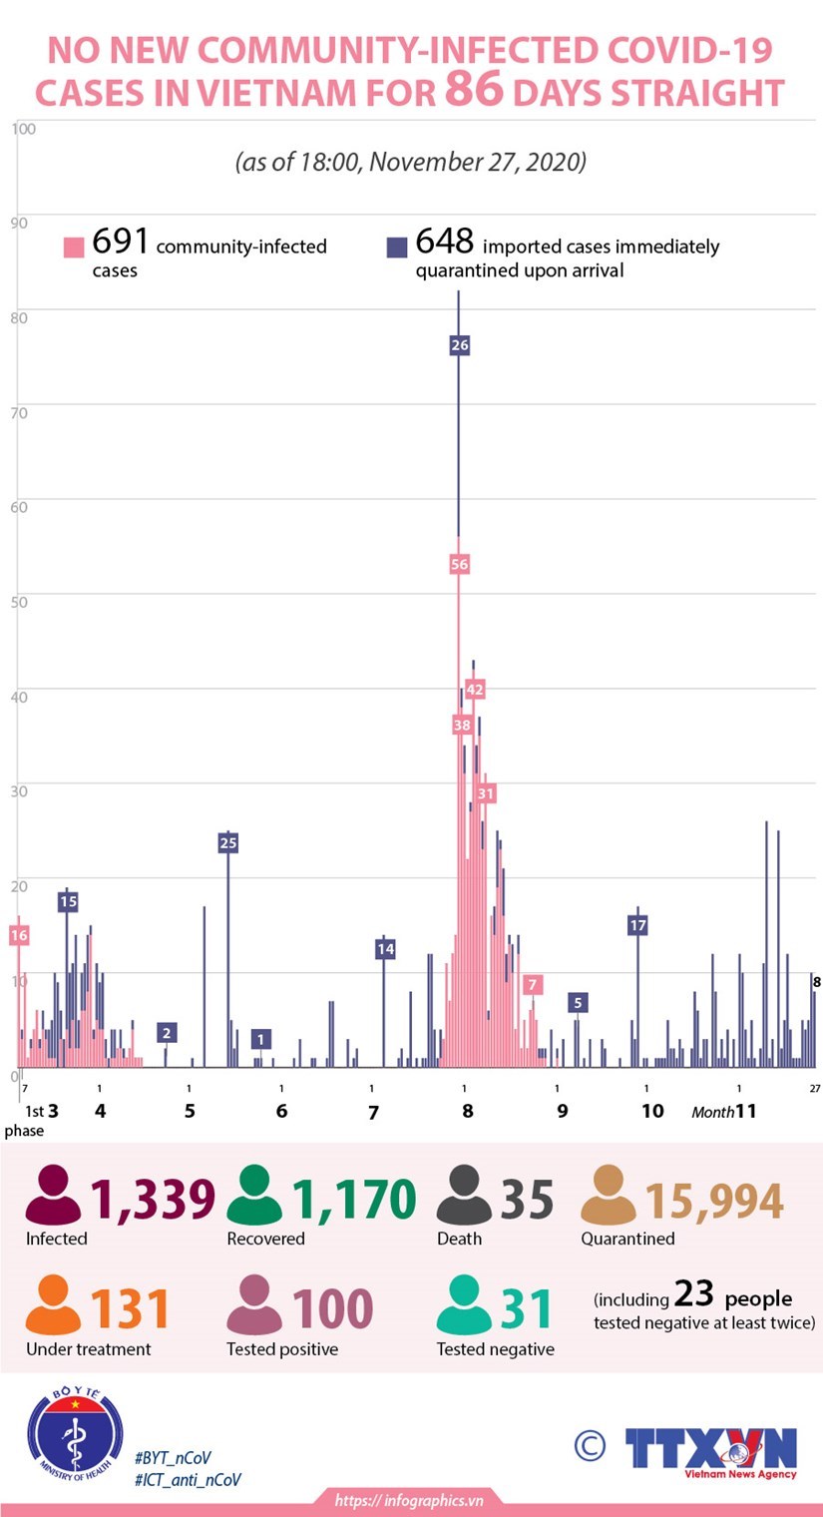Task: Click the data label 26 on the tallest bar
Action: pos(459,345)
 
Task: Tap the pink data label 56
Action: pos(459,564)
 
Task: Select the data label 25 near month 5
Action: pos(227,843)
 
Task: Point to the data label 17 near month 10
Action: pos(637,925)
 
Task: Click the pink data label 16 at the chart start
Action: pos(19,935)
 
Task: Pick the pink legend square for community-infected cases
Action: pos(74,247)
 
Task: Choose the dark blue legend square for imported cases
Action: pos(397,247)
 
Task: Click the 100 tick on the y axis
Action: pos(24,129)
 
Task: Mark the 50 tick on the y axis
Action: pos(19,600)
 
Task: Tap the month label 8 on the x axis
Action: pos(467,1111)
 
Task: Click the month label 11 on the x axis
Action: pos(745,1111)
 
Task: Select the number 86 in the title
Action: pos(474,91)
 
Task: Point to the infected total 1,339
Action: pos(153,1199)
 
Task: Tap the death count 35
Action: pos(526,1199)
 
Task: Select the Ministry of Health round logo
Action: pos(74,1438)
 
